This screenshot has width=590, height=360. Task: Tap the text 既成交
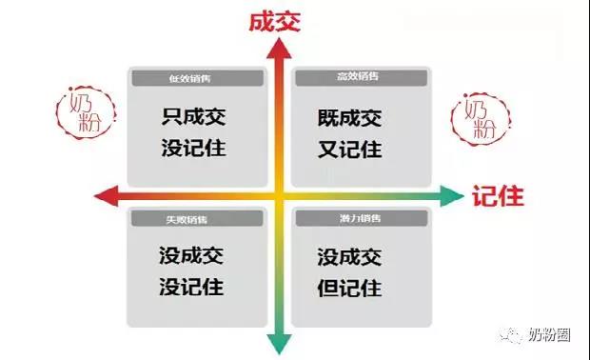pos(351,119)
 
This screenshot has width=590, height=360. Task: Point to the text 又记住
pos(351,150)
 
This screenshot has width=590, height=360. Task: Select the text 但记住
pos(351,287)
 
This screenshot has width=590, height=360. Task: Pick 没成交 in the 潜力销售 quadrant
pos(351,256)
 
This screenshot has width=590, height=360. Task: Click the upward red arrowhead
pos(278,52)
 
